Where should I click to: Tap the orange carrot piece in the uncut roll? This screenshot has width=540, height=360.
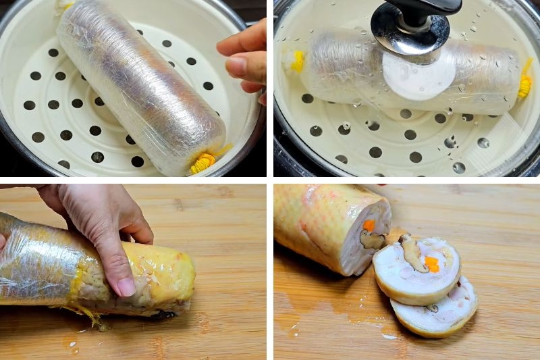click(369, 226)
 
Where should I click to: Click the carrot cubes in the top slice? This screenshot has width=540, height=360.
click(432, 263)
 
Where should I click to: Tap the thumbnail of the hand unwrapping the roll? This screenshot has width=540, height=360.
click(126, 286)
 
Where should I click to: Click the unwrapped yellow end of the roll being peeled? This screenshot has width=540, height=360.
click(169, 277)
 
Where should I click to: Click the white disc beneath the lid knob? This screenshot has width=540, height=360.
click(418, 74)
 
